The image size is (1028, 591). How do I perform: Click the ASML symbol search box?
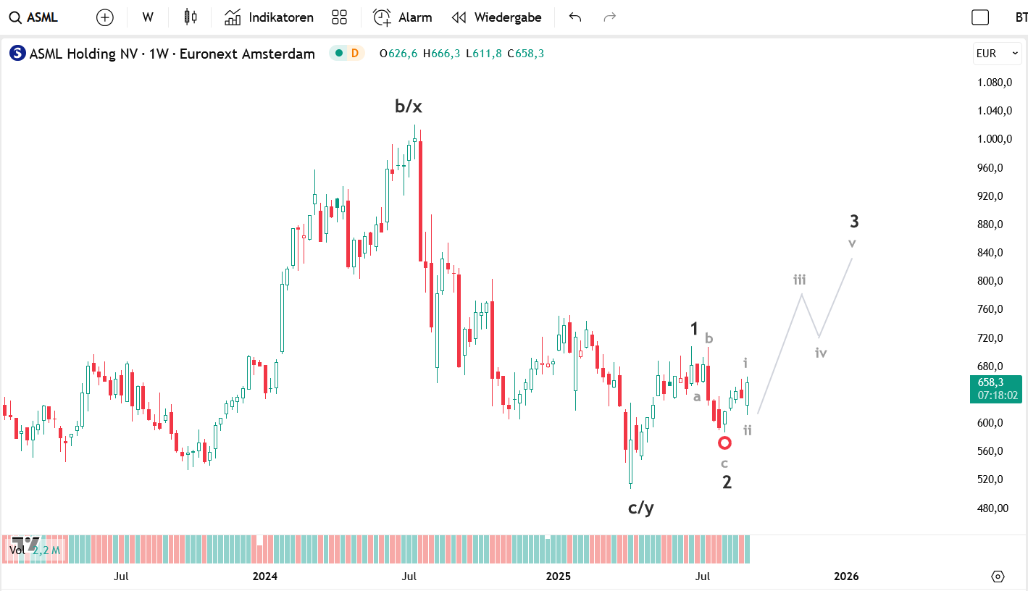[x=35, y=17]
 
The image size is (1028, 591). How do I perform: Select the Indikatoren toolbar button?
[x=269, y=17]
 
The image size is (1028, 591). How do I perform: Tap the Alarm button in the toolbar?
[x=402, y=17]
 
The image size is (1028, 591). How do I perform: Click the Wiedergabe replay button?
[x=496, y=17]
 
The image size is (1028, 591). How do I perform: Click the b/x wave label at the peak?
[x=408, y=106]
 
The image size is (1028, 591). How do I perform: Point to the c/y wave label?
[x=640, y=508]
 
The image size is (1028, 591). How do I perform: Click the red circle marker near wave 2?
[x=724, y=443]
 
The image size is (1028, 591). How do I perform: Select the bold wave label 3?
[x=854, y=222]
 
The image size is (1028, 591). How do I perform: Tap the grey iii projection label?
[x=799, y=280]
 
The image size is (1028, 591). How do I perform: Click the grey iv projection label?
[x=820, y=353]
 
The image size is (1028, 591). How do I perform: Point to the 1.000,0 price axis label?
[x=995, y=139]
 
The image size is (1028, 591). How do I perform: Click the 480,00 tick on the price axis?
[x=993, y=508]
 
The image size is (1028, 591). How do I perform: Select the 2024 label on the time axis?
[x=265, y=577]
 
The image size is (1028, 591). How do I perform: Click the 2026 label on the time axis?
[x=846, y=577]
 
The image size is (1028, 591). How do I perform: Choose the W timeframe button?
[x=148, y=17]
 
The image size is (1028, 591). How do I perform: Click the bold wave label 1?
[x=694, y=330]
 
